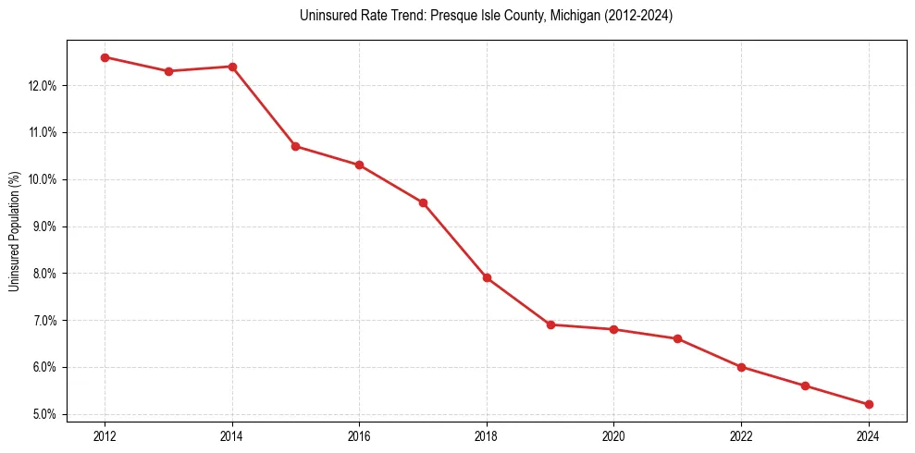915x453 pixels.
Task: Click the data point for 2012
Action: coord(105,57)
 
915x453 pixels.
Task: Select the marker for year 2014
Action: coord(232,67)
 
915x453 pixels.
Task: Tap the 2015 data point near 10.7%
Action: coord(296,146)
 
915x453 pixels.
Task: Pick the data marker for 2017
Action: coord(423,202)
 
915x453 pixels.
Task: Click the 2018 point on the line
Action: coord(487,277)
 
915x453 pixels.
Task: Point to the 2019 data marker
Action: coord(550,324)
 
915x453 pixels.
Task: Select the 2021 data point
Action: coord(677,338)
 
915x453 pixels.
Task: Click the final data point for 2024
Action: coord(869,404)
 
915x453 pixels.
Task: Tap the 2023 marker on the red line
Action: coord(805,386)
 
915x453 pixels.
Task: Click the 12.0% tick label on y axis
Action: coord(43,86)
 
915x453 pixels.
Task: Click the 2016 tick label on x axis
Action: coord(359,436)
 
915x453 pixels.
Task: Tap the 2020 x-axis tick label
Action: coord(613,436)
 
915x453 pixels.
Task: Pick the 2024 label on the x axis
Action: coord(869,436)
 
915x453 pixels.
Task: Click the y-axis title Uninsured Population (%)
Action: coord(14,231)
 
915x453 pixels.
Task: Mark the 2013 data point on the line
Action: coord(168,71)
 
